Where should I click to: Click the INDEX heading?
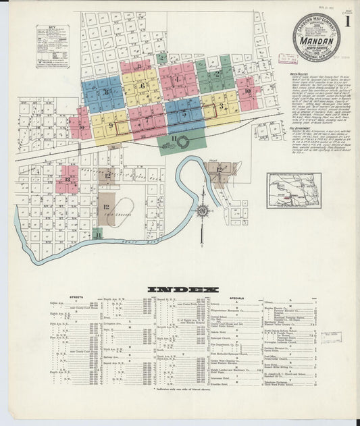point(183,289)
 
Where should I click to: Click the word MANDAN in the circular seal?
point(317,41)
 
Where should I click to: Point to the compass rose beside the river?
point(201,212)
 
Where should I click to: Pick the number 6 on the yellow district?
point(142,86)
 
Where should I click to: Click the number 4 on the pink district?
point(177,79)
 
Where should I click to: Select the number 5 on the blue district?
point(184,114)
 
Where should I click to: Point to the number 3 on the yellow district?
point(221,106)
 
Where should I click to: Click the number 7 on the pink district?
point(147,121)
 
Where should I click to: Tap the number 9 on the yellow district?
point(110,125)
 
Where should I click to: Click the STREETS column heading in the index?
point(76,297)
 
